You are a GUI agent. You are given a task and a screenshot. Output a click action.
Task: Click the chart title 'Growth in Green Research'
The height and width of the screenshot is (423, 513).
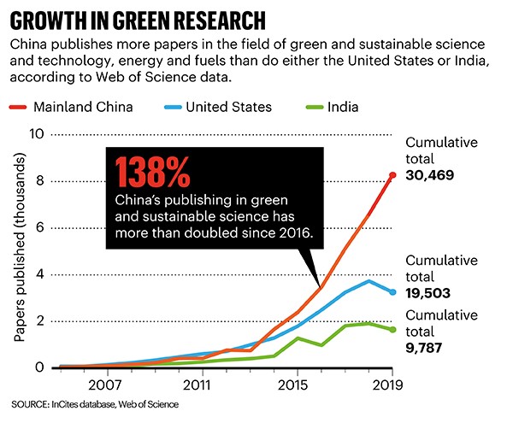138,19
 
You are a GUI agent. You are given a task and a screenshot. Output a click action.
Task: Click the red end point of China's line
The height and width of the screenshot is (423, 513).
392,174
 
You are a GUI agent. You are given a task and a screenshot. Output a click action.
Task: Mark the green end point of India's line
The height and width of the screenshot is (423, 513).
392,330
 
